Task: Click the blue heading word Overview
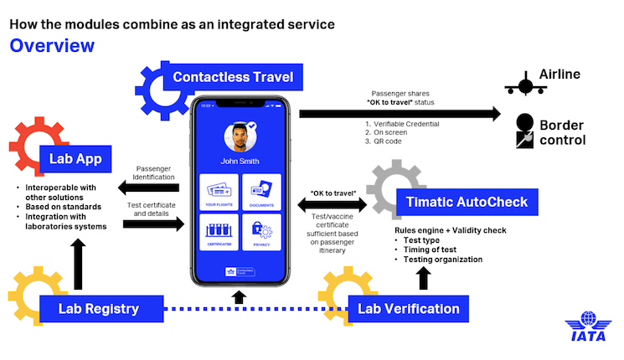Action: click(52, 45)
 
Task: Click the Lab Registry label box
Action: click(97, 308)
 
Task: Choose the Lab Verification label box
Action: click(409, 308)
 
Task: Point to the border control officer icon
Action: click(526, 129)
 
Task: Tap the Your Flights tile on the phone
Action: click(219, 191)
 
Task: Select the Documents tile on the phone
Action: click(261, 191)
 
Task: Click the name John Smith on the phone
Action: click(240, 162)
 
